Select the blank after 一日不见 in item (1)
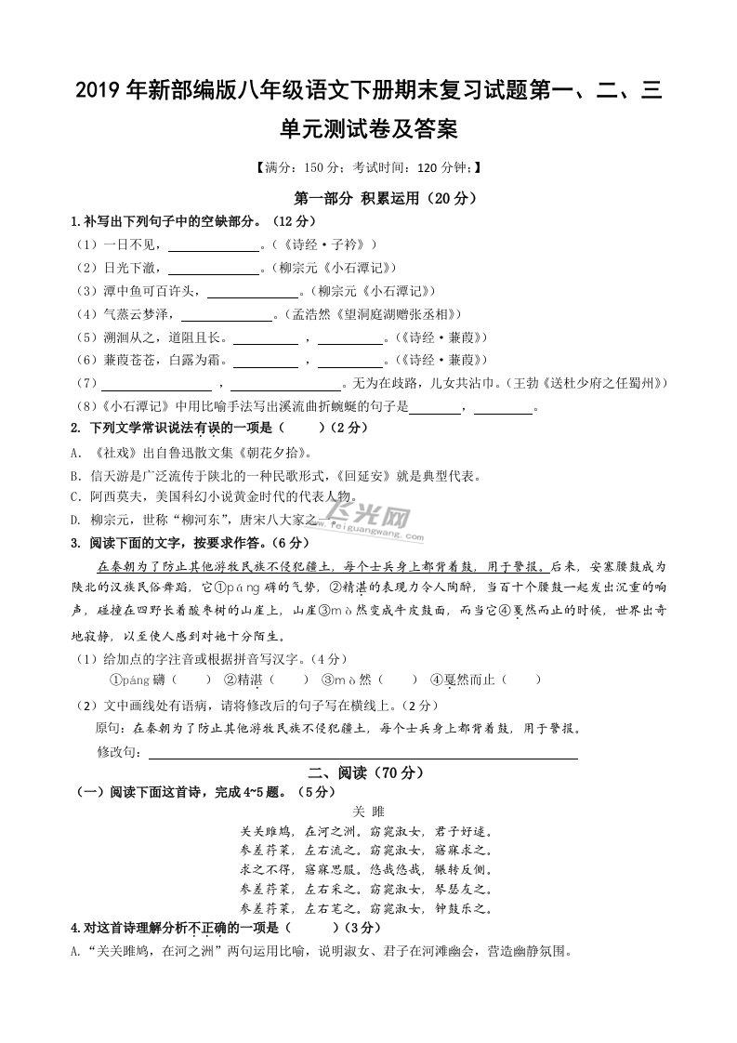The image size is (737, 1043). (x=213, y=245)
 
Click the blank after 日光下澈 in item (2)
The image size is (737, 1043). (x=213, y=269)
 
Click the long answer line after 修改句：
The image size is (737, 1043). (x=362, y=751)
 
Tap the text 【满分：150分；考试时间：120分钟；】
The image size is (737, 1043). (x=368, y=168)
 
